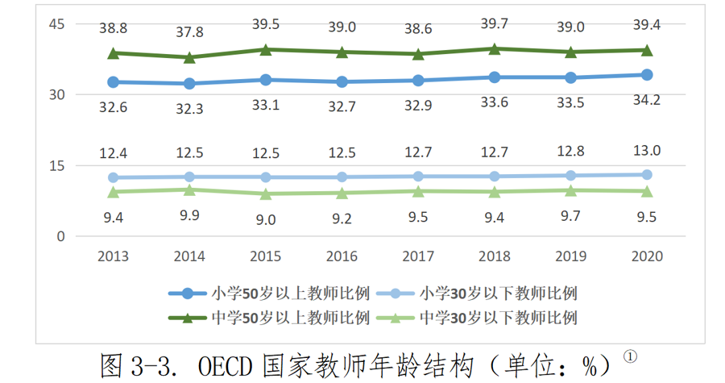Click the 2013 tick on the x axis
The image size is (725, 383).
point(114,256)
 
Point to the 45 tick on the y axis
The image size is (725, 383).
point(56,23)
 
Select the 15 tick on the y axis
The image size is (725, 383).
point(56,166)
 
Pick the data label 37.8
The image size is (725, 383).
point(190,32)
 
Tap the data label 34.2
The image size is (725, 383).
point(647,99)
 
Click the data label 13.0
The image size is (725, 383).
point(647,150)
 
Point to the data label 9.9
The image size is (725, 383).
point(190,215)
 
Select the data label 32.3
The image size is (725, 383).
point(190,108)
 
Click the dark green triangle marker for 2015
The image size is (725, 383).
point(266,50)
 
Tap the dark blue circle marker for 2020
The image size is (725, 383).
point(647,75)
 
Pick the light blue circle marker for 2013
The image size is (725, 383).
point(114,177)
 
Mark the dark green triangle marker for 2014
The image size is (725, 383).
point(190,57)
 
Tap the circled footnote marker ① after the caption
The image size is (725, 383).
point(632,356)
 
